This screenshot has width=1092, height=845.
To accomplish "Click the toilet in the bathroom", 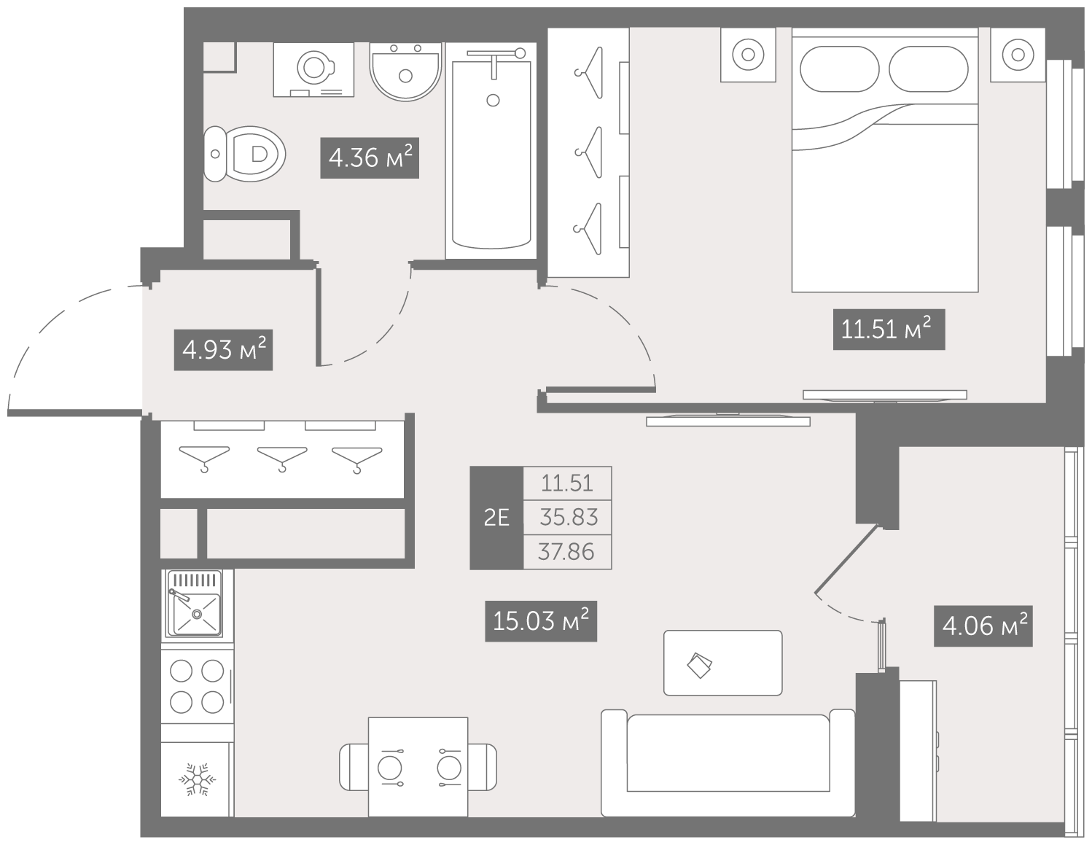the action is click(x=245, y=154).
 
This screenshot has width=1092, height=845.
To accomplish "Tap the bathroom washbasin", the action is click(x=405, y=71).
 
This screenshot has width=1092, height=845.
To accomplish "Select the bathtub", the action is click(x=491, y=151).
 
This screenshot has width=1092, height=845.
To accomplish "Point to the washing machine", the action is click(x=313, y=69).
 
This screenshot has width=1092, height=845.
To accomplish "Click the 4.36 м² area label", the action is click(x=370, y=157).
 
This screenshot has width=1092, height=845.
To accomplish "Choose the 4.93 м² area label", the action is click(x=223, y=350).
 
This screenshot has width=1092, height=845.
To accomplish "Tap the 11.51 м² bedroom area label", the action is click(x=889, y=330).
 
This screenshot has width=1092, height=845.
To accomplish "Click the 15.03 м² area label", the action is click(x=541, y=621).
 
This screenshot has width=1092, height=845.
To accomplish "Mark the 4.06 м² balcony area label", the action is click(x=983, y=626).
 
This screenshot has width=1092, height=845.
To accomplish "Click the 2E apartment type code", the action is click(x=496, y=518).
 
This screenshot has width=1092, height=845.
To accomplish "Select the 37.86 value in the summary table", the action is click(x=566, y=552).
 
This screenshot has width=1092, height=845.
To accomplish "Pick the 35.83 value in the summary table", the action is click(x=569, y=517).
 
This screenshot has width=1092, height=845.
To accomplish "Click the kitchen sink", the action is click(x=195, y=603).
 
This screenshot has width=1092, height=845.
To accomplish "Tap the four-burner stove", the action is click(x=197, y=687).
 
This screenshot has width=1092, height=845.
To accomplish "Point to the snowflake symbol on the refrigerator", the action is click(x=198, y=779).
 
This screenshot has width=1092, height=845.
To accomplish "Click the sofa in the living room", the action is click(x=728, y=763).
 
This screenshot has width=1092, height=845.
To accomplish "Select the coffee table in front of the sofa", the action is click(x=722, y=663).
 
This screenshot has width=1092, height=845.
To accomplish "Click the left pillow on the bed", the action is click(x=840, y=69).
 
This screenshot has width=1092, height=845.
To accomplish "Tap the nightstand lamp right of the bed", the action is click(x=1018, y=54).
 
